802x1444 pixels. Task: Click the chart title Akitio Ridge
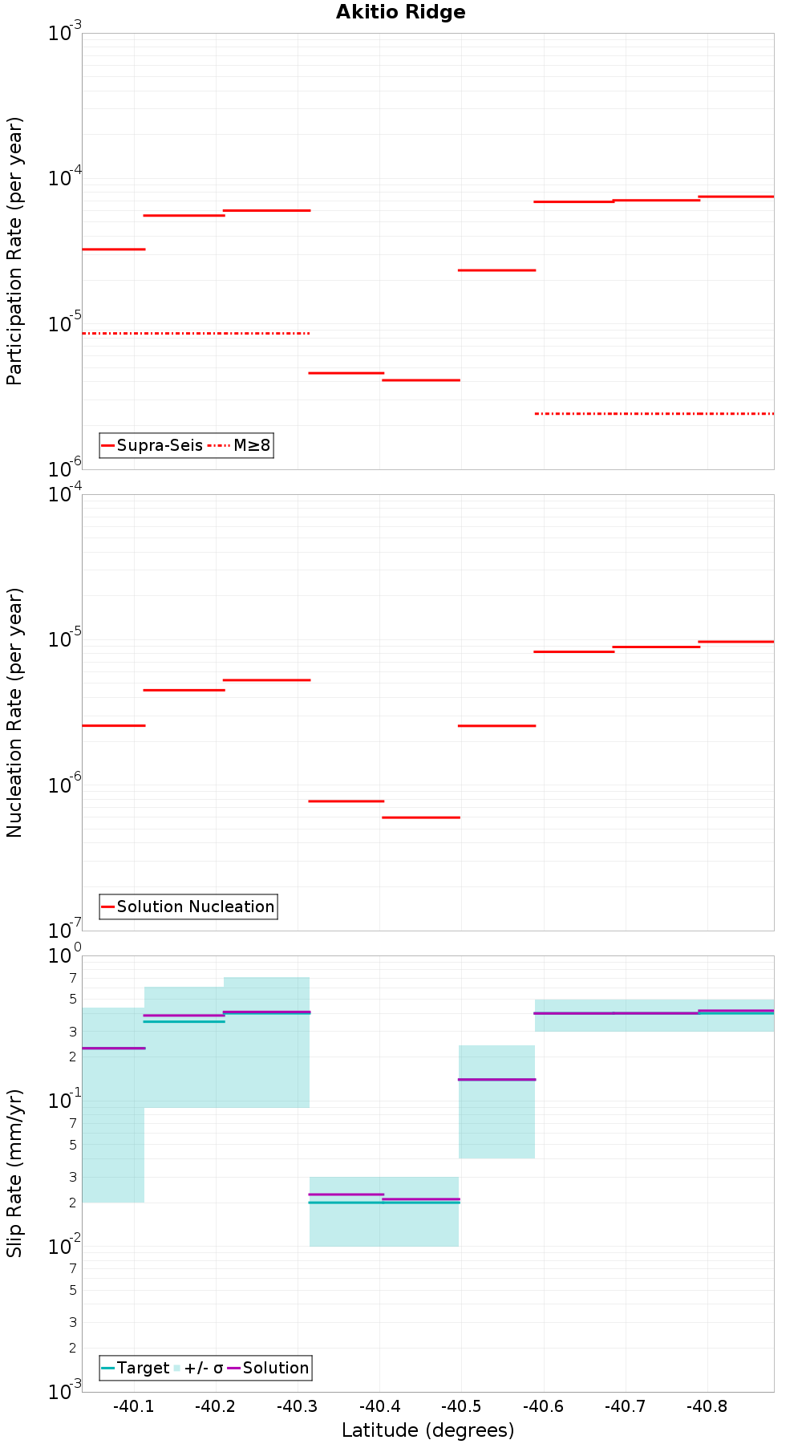pos(400,12)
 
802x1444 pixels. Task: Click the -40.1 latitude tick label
pos(133,1406)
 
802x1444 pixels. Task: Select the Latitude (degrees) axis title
pos(427,1430)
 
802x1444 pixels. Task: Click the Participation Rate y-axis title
pos(14,251)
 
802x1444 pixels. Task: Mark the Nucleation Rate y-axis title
pos(14,712)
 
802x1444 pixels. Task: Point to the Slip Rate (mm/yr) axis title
pos(14,1173)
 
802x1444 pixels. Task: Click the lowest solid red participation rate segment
pos(421,380)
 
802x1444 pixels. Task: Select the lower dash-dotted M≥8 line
pos(654,414)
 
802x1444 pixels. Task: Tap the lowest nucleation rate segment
pos(421,817)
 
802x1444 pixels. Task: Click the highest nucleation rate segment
pos(735,642)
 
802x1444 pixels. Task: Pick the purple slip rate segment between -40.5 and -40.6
pos(496,1080)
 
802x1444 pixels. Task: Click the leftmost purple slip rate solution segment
pos(113,1049)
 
